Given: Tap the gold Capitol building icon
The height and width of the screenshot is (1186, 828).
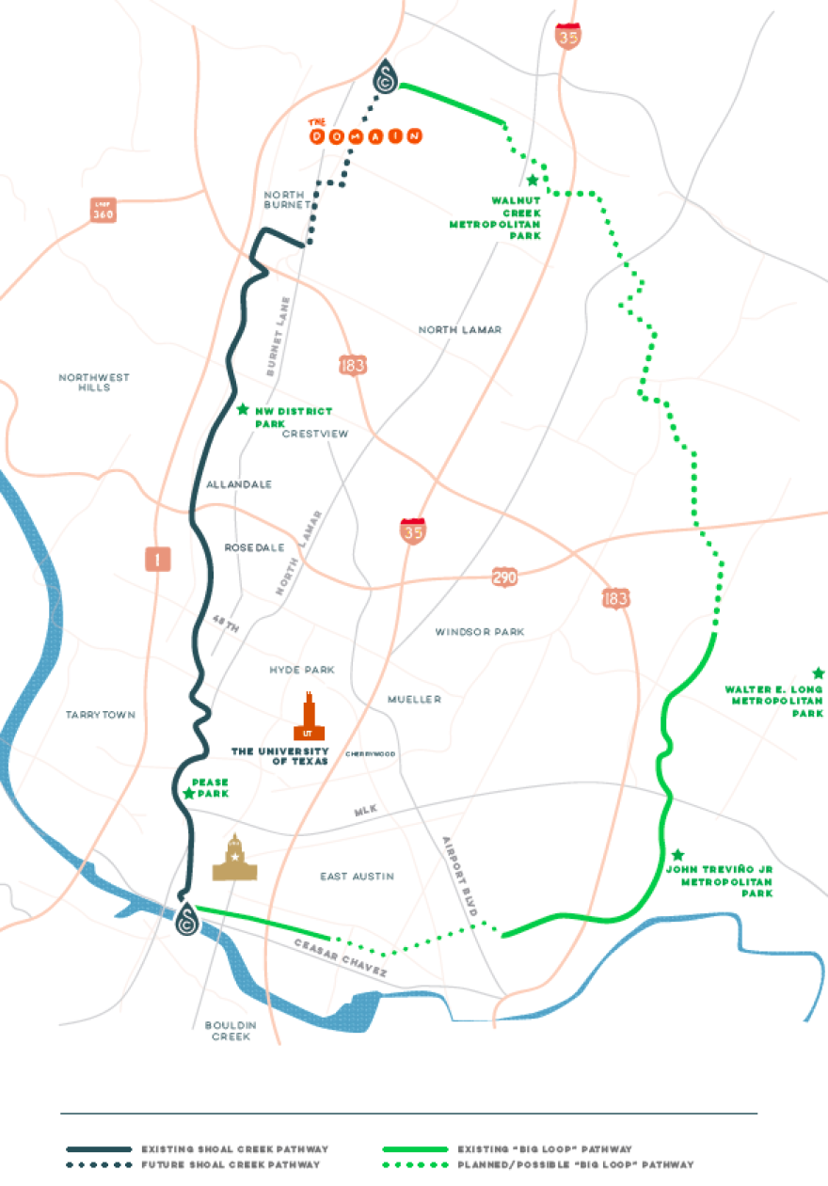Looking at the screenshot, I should coord(234,858).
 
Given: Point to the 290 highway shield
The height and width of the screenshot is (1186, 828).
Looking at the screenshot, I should coord(504,577).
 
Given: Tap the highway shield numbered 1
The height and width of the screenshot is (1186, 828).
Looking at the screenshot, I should coord(158,560).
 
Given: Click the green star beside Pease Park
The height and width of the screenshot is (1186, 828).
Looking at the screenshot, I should coord(189,794).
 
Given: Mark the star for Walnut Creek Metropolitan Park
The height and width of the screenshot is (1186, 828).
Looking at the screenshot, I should coord(533,180).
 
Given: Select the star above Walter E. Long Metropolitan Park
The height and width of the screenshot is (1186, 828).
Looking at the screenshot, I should coord(818,673).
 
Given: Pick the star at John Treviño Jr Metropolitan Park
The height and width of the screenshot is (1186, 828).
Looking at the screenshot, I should coord(677,855).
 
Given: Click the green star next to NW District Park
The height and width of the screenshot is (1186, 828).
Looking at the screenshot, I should coord(243,409).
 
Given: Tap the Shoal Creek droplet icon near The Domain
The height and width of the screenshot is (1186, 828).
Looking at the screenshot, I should coord(385,77).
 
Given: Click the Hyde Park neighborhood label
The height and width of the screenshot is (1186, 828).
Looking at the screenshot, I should coord(302,670).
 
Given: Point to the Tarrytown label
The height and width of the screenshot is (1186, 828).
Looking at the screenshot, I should coord(101,715).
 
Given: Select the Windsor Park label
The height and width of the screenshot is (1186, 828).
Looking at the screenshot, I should coord(480,632).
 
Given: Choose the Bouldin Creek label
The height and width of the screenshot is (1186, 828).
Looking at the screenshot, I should coord(228,1031).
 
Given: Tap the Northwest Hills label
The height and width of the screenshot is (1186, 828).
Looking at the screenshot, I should coord(94,382).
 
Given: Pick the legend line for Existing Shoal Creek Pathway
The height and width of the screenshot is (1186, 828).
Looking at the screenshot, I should coord(98,1149).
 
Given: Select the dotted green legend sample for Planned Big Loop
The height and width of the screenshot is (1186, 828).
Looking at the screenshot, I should coord(415,1165).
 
